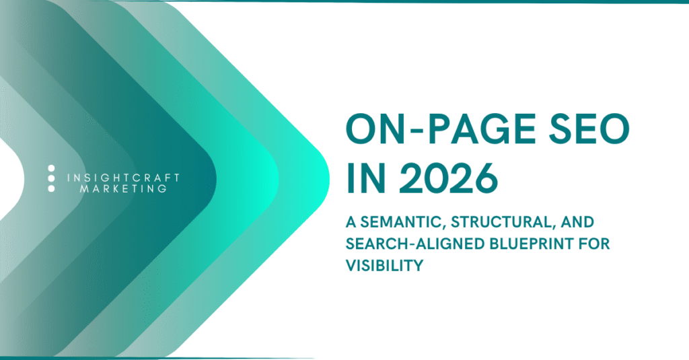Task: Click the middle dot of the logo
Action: coord(51,178)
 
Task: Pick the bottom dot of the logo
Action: coord(51,188)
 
